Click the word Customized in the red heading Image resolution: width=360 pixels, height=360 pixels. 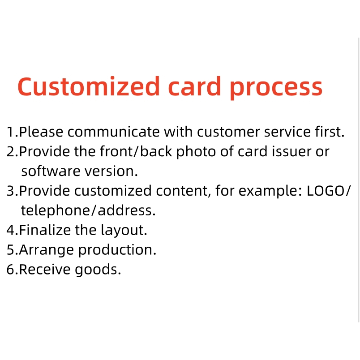89,86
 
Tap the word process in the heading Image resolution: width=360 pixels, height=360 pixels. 276,88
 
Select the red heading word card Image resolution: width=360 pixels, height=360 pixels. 194,86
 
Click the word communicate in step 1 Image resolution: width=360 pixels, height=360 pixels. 114,132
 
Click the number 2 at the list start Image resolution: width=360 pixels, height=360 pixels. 11,152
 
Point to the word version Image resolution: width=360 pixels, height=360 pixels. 111,171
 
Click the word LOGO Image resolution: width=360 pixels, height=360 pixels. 326,191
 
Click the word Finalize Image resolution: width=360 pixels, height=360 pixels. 45,230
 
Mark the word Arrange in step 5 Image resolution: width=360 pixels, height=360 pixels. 47,250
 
